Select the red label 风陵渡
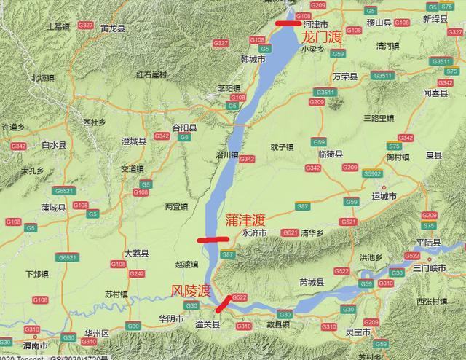[x=190, y=291]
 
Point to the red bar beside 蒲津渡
[x=212, y=238]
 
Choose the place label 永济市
[x=254, y=233]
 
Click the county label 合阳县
[x=183, y=127]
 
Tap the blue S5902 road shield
[x=373, y=173]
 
